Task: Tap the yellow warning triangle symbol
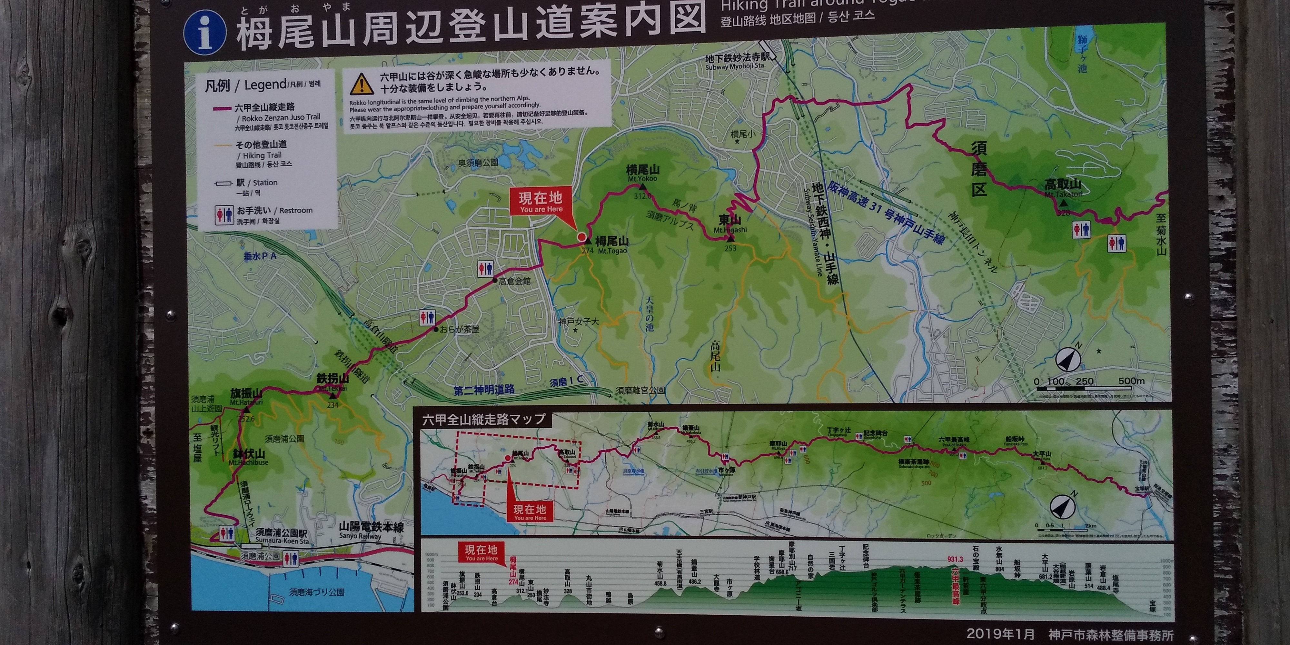point(362,84)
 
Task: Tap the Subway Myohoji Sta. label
point(735,62)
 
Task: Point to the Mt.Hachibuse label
point(248,457)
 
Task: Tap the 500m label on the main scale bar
point(1131,381)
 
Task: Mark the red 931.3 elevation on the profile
point(955,559)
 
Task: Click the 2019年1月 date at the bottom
point(1000,633)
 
